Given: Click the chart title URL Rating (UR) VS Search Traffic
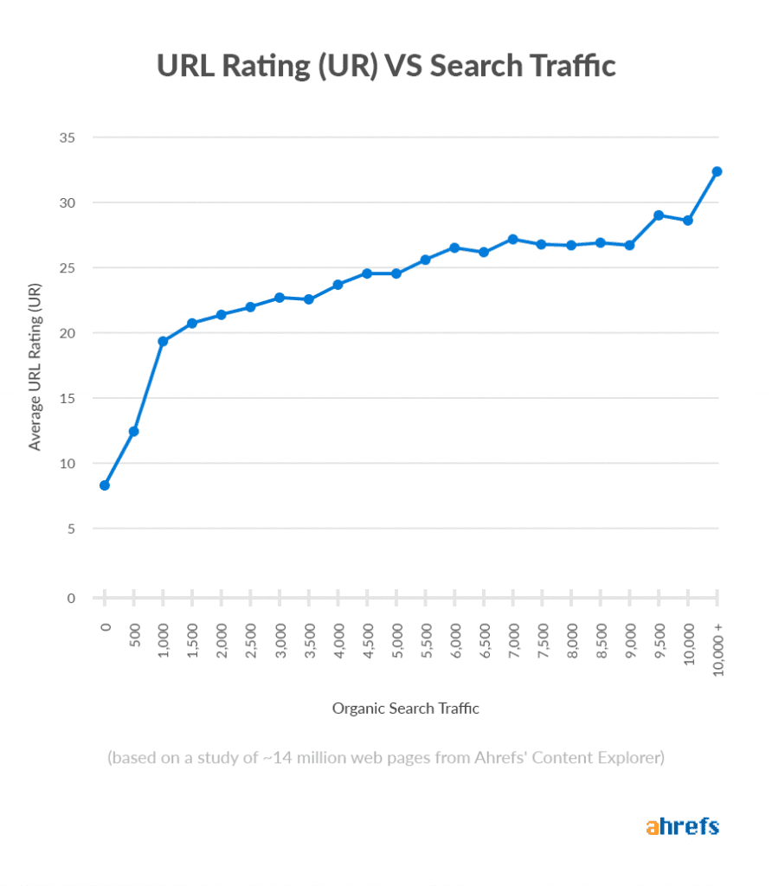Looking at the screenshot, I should (386, 67).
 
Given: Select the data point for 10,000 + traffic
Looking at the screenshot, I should (717, 171).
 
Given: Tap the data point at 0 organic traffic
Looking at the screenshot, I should (105, 485).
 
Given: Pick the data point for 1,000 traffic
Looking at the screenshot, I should (163, 341).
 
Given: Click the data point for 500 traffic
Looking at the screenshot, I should (134, 431).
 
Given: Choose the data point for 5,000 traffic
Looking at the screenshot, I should (396, 273).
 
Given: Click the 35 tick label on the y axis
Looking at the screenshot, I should (67, 138).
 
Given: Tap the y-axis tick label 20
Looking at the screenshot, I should (67, 333).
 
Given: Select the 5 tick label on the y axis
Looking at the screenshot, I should (70, 529).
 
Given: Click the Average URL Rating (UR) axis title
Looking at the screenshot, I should (35, 366).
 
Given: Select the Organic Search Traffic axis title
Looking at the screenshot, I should (405, 709).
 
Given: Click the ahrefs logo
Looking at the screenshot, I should (682, 825).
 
